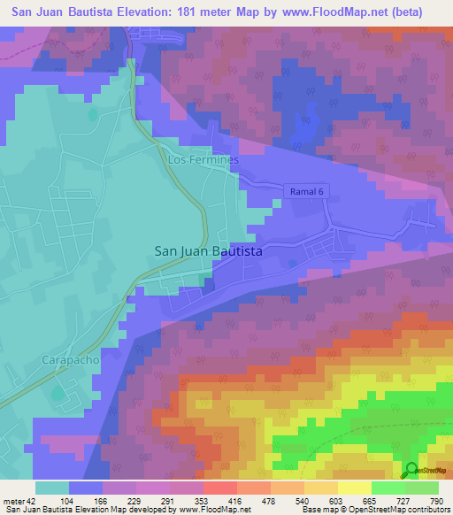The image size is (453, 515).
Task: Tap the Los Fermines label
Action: click(203, 160)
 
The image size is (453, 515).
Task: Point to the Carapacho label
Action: click(70, 361)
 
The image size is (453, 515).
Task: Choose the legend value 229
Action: click(136, 500)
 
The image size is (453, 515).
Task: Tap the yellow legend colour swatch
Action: click(355, 488)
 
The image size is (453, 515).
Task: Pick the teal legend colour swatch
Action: click(52, 488)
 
